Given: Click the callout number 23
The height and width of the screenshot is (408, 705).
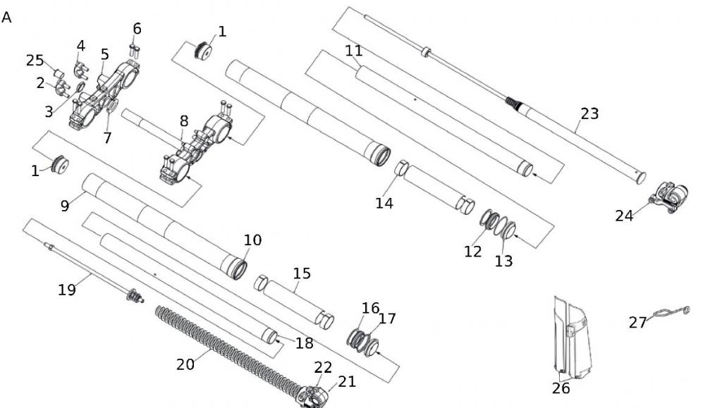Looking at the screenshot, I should click(589, 113).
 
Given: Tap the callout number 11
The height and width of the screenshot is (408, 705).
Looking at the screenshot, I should click(353, 51).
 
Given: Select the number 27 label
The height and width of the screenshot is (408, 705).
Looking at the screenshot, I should click(638, 322).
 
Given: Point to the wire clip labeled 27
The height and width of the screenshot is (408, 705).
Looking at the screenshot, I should click(670, 311).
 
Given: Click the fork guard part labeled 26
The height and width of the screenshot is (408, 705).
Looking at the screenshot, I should click(571, 338).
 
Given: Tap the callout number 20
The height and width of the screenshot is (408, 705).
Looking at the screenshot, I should click(185, 364).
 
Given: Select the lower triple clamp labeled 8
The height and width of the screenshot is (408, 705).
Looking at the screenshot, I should click(194, 148).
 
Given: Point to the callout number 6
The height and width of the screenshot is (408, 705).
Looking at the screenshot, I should click(137, 29).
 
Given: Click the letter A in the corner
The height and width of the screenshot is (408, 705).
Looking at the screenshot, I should click(7, 18).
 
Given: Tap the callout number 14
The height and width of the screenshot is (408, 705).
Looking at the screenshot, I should click(384, 203).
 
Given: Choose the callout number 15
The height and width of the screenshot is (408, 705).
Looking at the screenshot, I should click(301, 273).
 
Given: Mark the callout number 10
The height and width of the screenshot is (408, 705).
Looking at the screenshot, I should click(252, 240).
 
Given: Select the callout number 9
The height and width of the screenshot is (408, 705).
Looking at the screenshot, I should click(64, 206).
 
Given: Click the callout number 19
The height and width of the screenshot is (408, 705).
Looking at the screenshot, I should click(67, 289).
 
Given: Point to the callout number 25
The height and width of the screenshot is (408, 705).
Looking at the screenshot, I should click(35, 61).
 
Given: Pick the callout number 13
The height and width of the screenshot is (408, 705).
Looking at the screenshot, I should click(503, 261).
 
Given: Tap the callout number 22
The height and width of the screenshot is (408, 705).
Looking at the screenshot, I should click(323, 367).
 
